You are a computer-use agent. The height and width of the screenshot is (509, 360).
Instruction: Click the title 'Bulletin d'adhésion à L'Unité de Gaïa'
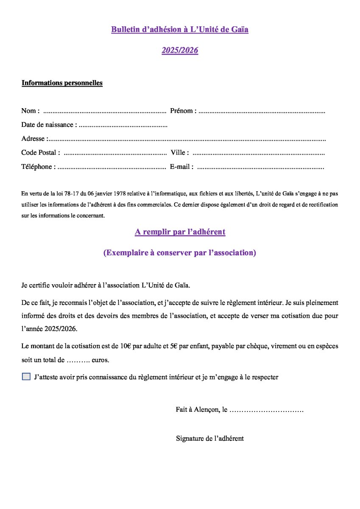click(x=180, y=30)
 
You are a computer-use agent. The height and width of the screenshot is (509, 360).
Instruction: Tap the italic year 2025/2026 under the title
click(x=180, y=50)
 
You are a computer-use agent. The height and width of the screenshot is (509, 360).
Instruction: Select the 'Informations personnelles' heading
click(x=62, y=83)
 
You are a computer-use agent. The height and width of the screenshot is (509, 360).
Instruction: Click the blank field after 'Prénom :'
click(x=262, y=112)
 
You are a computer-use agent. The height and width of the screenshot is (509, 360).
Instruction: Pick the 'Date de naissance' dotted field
click(x=123, y=126)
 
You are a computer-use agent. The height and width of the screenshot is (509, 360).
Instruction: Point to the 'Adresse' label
click(x=33, y=139)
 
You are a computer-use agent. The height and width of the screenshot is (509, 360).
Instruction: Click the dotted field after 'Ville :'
click(x=259, y=153)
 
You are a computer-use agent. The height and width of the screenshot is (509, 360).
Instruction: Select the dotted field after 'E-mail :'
click(x=261, y=167)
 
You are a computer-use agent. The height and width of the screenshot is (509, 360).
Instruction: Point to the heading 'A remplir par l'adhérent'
click(x=180, y=232)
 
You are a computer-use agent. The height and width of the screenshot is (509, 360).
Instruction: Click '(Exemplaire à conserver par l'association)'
click(x=180, y=253)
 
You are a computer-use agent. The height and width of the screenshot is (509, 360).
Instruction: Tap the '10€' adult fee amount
click(x=126, y=346)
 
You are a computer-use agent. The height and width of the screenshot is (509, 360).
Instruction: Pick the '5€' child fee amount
click(x=173, y=346)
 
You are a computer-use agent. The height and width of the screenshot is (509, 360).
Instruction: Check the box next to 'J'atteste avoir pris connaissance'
click(x=26, y=377)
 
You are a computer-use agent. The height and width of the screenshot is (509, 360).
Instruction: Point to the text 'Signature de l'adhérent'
click(x=210, y=439)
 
